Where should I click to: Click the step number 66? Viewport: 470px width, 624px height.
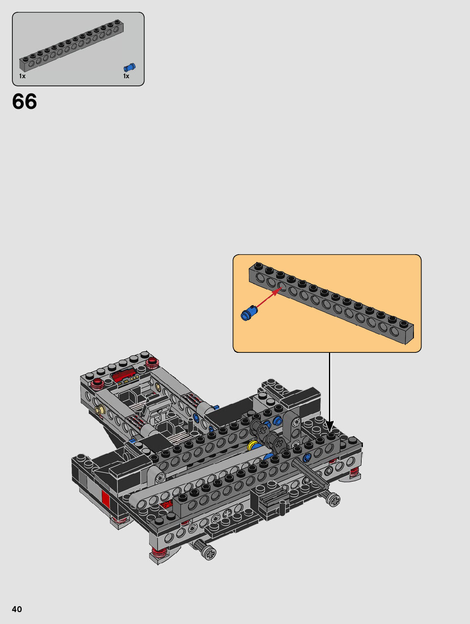25,102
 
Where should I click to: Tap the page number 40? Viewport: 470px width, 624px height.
17,609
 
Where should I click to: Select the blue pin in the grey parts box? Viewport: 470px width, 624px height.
130,68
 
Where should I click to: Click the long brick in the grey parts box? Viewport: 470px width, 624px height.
71,45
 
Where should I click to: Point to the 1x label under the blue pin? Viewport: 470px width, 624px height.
126,76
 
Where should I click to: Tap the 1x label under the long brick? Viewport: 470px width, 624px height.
22,76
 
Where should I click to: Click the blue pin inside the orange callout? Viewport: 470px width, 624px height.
249,313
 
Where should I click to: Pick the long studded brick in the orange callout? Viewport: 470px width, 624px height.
331,303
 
